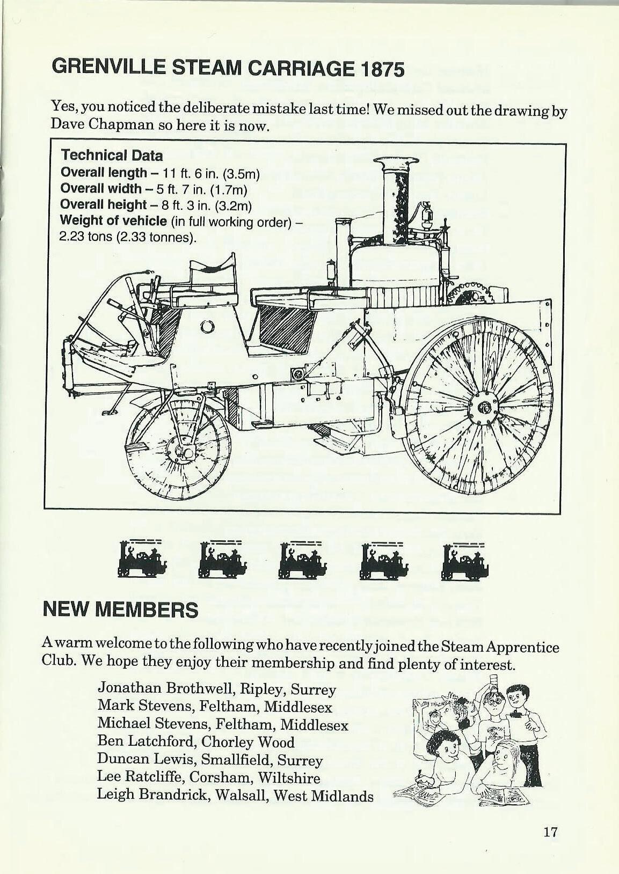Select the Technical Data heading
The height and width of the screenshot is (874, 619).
[x=111, y=156]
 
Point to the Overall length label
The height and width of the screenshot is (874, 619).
[x=103, y=173]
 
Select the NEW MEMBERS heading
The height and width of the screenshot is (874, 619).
[x=120, y=610]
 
